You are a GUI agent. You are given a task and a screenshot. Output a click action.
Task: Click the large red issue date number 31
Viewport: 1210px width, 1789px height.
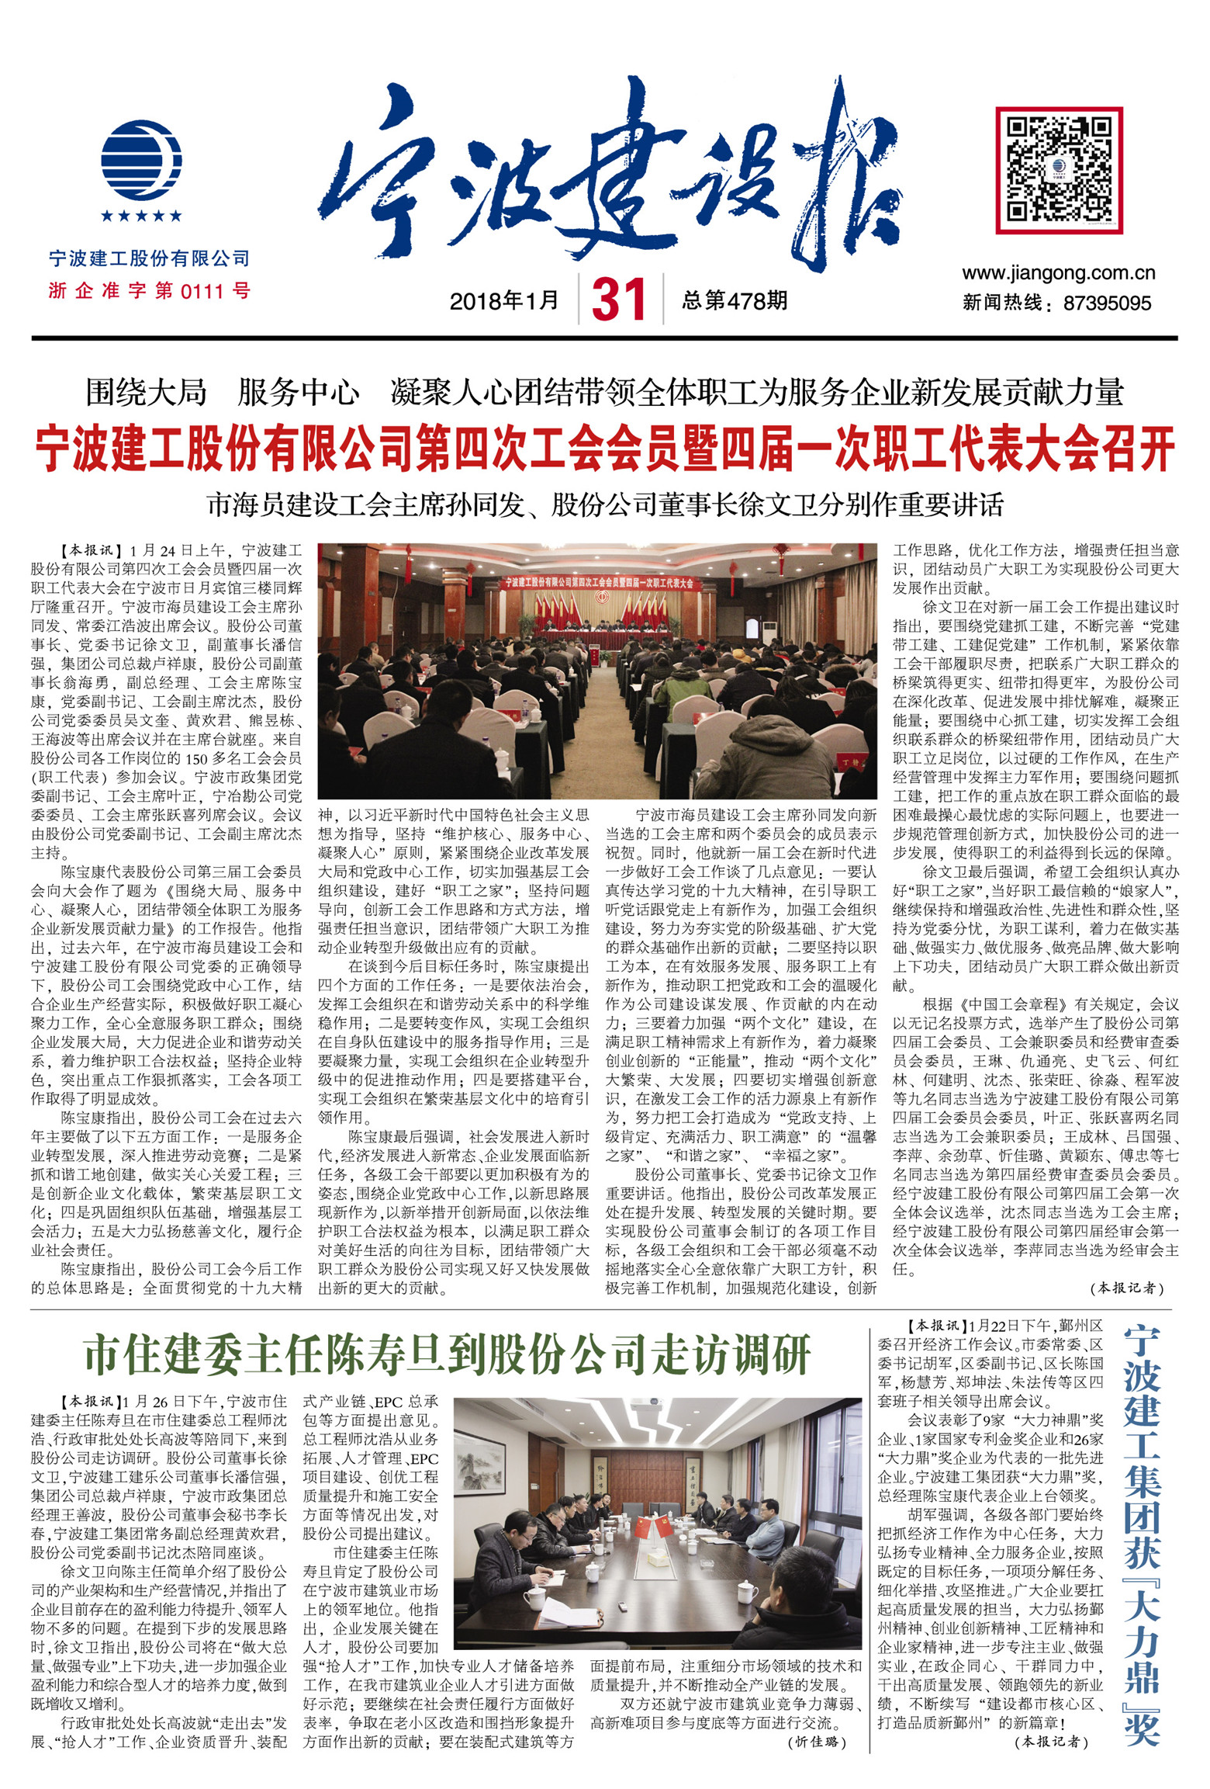(x=619, y=300)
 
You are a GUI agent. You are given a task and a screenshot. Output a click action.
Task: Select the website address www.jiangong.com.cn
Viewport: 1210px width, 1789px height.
(x=1058, y=273)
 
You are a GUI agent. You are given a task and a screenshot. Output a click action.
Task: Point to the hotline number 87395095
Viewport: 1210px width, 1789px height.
(x=1107, y=303)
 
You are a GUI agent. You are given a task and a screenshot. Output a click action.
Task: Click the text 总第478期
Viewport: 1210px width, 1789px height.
(x=735, y=300)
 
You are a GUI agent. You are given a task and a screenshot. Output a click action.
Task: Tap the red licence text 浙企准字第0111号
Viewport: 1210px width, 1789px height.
(x=149, y=291)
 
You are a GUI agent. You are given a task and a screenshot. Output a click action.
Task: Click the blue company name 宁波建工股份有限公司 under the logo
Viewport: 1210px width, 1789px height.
(x=149, y=258)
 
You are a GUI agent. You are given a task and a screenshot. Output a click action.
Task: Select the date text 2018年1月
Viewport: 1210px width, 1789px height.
(x=504, y=300)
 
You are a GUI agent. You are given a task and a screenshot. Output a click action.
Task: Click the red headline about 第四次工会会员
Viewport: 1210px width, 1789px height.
(x=604, y=450)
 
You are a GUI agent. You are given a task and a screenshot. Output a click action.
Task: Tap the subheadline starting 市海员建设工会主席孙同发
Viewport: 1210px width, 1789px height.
(x=604, y=504)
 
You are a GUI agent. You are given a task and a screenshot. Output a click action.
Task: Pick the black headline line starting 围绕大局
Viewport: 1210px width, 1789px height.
(x=604, y=393)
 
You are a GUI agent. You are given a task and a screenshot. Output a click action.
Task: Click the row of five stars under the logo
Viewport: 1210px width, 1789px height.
(x=141, y=215)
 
